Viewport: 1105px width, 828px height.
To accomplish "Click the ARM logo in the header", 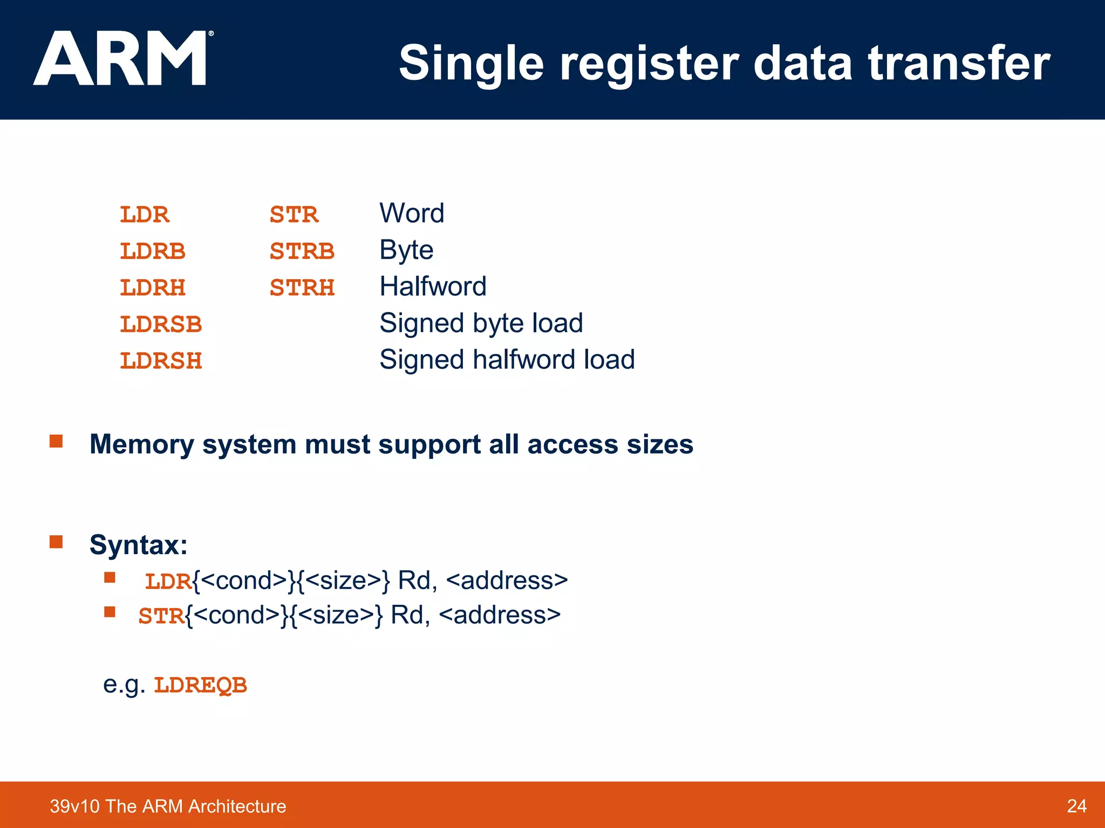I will pyautogui.click(x=121, y=58).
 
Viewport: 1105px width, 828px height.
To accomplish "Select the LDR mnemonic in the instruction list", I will pyautogui.click(x=144, y=215).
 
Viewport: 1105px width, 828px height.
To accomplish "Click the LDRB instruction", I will pyautogui.click(x=152, y=251).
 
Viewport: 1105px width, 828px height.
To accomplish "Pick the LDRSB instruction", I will pyautogui.click(x=160, y=325).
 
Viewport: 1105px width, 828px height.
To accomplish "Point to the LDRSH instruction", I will pyautogui.click(x=160, y=361).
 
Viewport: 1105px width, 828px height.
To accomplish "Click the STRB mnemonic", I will pyautogui.click(x=302, y=251).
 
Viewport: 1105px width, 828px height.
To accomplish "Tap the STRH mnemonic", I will pyautogui.click(x=302, y=288).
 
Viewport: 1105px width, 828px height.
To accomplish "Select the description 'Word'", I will pyautogui.click(x=412, y=213).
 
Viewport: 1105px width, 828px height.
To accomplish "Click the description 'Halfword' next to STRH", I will pyautogui.click(x=433, y=286).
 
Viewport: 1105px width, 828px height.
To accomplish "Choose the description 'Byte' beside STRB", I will pyautogui.click(x=406, y=250).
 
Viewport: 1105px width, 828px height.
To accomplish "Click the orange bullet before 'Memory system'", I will pyautogui.click(x=56, y=441).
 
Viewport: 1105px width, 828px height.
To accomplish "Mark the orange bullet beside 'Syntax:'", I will pyautogui.click(x=56, y=541).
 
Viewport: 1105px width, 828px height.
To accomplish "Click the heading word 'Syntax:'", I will pyautogui.click(x=139, y=544).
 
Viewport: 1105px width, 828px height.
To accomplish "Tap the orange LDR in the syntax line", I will pyautogui.click(x=168, y=582).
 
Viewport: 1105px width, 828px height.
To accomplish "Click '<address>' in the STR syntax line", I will pyautogui.click(x=500, y=615).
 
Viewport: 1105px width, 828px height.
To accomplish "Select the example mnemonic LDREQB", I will pyautogui.click(x=200, y=685).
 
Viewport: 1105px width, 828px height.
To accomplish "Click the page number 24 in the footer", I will pyautogui.click(x=1076, y=806).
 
